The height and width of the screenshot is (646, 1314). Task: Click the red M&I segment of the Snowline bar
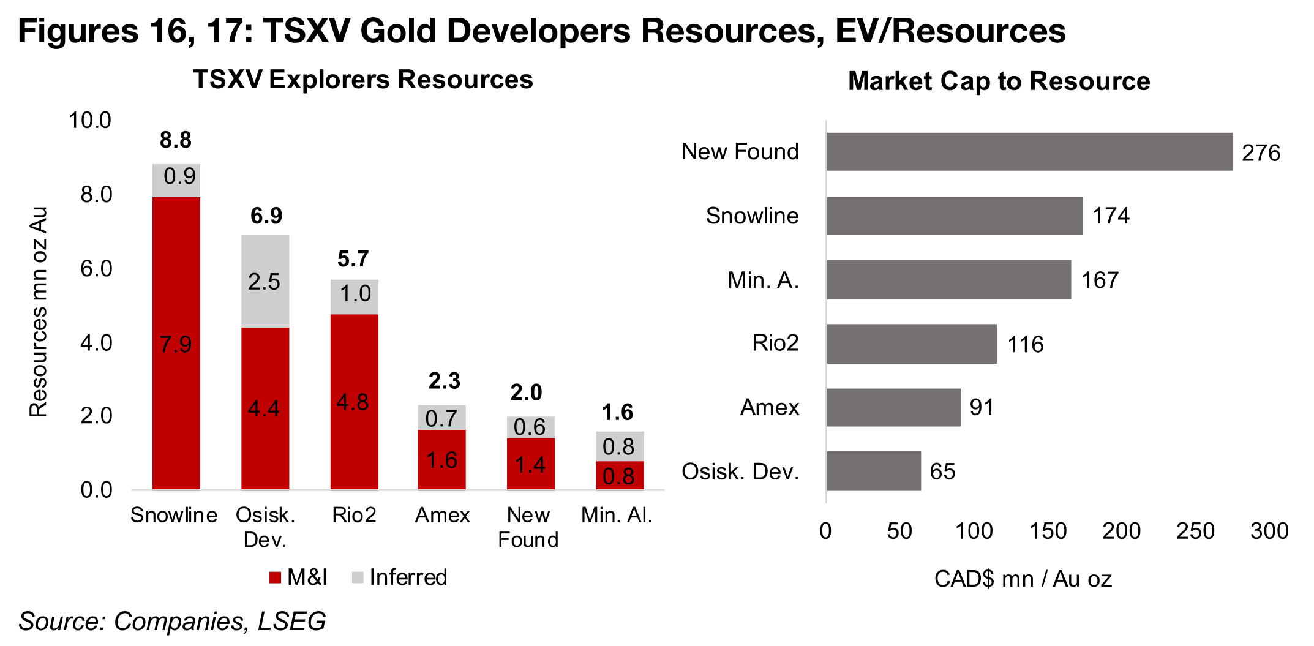click(176, 343)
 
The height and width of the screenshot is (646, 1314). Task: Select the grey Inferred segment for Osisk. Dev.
click(265, 281)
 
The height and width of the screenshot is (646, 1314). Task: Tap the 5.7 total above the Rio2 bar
click(353, 259)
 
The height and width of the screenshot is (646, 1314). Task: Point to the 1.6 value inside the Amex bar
click(441, 460)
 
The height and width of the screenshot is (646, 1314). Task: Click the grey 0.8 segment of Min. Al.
click(619, 446)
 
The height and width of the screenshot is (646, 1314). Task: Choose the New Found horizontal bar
click(1029, 152)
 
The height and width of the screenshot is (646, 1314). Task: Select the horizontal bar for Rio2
click(911, 344)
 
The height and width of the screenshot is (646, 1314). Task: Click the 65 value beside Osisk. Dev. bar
click(942, 471)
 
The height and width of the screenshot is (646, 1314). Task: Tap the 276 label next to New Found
click(1261, 153)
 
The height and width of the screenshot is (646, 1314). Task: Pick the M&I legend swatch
click(275, 577)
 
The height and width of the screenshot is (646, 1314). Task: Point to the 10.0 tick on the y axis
click(90, 121)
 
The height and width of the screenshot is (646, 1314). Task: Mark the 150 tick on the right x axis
click(1048, 531)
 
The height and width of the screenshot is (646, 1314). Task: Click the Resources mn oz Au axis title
click(39, 312)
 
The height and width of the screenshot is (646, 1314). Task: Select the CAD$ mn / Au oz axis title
click(1023, 579)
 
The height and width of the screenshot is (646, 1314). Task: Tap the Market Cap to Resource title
click(999, 81)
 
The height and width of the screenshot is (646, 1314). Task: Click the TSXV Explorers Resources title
click(363, 80)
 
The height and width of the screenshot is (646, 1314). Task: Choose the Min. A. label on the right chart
click(763, 280)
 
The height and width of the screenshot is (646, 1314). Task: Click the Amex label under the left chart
click(442, 516)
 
